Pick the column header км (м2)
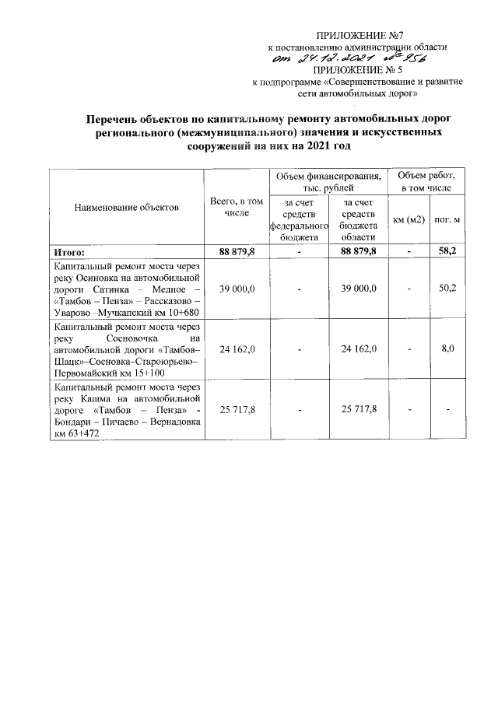[x=409, y=219]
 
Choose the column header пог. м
[x=447, y=219]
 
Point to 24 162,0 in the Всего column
[x=232, y=349]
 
